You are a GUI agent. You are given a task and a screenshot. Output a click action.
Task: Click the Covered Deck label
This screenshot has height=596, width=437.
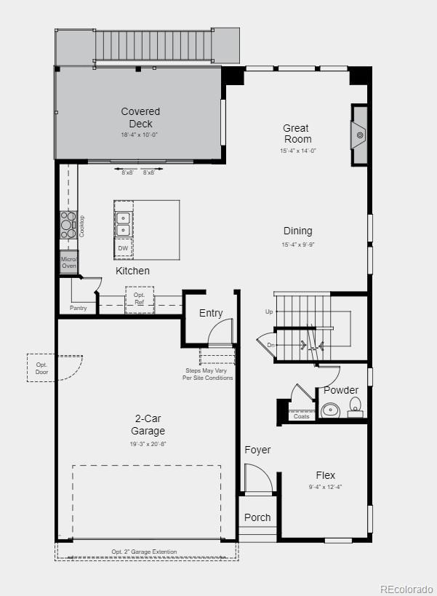(x=140, y=117)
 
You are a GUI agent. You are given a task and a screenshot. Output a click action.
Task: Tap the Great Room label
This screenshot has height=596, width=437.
(x=297, y=134)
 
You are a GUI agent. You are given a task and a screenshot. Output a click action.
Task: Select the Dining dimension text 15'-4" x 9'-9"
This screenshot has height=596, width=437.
(x=297, y=245)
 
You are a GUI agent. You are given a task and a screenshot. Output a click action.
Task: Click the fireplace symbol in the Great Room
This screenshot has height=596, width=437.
(x=359, y=136)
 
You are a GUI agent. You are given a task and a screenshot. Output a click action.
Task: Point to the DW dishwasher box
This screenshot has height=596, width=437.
(x=123, y=248)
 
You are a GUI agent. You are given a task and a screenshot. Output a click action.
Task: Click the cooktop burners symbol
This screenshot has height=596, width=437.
(x=68, y=225)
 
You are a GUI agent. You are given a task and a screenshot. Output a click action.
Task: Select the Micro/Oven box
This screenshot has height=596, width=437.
(x=68, y=262)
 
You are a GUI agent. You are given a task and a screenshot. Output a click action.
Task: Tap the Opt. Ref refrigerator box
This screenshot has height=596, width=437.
(x=139, y=298)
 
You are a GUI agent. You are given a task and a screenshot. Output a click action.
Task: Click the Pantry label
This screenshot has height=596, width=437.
(x=79, y=308)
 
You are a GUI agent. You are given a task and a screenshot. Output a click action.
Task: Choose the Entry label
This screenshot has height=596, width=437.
(x=211, y=313)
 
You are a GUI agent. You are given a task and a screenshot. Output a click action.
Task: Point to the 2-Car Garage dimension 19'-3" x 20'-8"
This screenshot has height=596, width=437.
(x=148, y=444)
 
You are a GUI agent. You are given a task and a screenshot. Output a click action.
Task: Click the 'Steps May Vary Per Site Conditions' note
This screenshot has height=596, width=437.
(x=208, y=375)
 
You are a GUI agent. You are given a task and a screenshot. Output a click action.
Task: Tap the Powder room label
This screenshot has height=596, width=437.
(x=341, y=390)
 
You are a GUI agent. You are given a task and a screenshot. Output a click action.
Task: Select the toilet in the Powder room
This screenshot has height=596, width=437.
(x=355, y=407)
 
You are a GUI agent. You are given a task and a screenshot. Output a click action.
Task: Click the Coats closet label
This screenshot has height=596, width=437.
(x=301, y=416)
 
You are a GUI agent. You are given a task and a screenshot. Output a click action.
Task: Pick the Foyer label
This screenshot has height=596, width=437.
(x=257, y=450)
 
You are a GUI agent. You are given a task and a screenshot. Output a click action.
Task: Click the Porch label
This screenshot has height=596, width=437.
(x=257, y=517)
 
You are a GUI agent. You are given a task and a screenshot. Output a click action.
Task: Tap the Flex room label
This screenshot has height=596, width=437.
(x=326, y=475)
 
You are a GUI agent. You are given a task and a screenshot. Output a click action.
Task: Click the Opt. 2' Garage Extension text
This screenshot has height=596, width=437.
(x=144, y=552)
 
